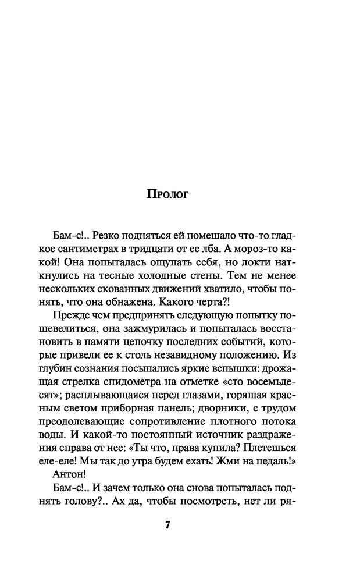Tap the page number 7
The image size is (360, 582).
click(x=168, y=524)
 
